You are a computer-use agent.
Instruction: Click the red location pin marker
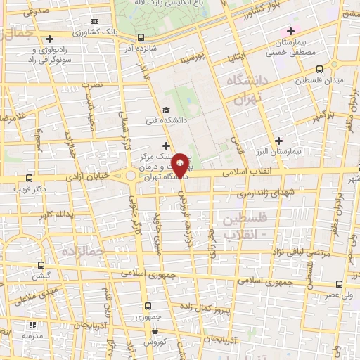180,164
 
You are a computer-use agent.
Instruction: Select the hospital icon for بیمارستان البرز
279,140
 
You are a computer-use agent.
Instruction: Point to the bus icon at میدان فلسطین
319,69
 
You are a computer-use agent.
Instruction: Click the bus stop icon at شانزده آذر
141,37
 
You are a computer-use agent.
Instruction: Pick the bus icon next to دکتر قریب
28,178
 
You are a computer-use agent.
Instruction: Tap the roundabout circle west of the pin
131,176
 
